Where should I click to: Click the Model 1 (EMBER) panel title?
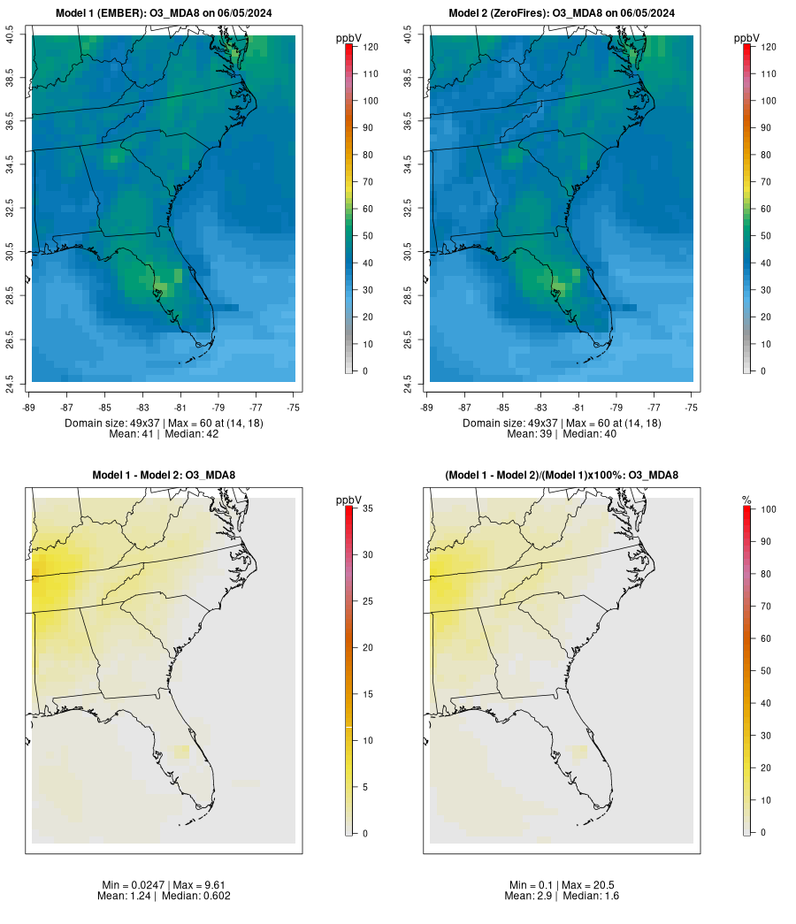click(164, 13)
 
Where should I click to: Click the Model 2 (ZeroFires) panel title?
click(562, 13)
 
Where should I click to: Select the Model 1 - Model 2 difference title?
click(164, 476)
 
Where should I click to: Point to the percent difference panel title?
click(562, 476)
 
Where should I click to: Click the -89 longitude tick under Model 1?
click(30, 408)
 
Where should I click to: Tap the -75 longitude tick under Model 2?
click(692, 408)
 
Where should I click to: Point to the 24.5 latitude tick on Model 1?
click(10, 381)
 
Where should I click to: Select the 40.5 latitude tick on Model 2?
click(408, 36)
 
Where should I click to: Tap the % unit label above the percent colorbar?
click(747, 500)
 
